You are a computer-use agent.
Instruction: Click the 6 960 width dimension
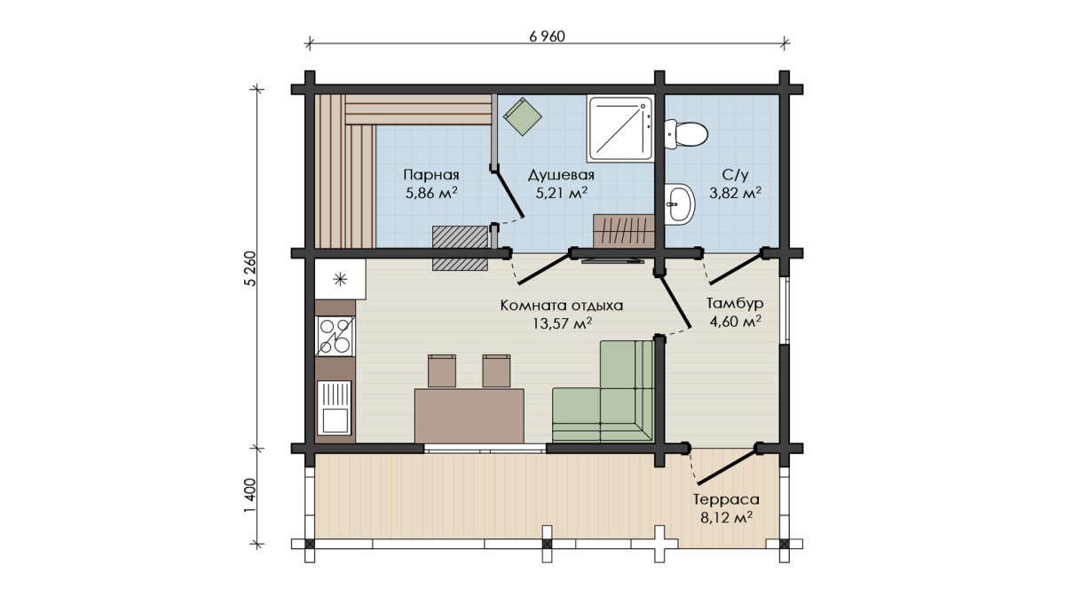tap(547, 36)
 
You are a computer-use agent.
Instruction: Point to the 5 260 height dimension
tap(250, 268)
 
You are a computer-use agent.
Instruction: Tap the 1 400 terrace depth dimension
tap(250, 496)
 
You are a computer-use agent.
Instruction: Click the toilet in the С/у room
tap(685, 134)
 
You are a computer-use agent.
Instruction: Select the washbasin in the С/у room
tap(680, 204)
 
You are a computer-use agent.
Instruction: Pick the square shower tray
tap(620, 128)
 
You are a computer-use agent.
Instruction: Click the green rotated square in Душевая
tap(523, 116)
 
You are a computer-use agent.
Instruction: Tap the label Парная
tap(431, 175)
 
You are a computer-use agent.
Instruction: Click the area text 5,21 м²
tap(561, 193)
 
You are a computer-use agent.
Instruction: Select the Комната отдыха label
tap(562, 306)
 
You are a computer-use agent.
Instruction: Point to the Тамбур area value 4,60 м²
tap(735, 322)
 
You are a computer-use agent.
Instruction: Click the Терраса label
tap(726, 500)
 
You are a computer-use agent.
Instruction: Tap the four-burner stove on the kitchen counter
tap(335, 336)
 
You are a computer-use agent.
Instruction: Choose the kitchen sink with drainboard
tap(335, 408)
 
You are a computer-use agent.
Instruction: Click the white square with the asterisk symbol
tap(341, 279)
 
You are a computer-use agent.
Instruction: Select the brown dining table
tap(469, 417)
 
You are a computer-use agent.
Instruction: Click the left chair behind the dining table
tap(442, 370)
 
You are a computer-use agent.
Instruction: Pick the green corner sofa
tap(603, 391)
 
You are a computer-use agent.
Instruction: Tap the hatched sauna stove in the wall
tap(461, 249)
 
